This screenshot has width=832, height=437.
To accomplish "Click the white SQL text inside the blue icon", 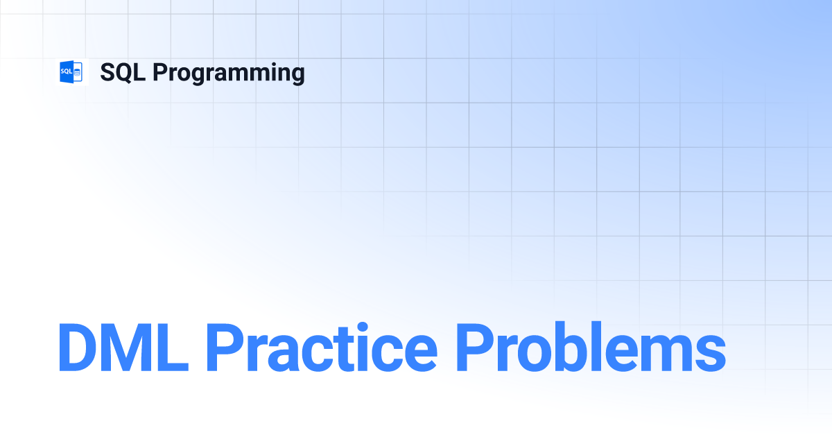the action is pos(66,71).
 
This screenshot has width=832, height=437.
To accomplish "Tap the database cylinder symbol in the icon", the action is pos(77,72).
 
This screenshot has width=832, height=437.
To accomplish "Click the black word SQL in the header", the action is pos(123,72).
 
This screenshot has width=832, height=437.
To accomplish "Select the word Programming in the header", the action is pos(229,74).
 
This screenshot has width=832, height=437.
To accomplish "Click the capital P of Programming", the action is pos(160,72).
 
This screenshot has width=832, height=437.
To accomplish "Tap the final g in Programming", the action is pos(297,76).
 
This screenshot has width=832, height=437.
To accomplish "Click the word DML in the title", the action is pos(123,347).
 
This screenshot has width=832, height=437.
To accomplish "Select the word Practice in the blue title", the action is pos(322,347).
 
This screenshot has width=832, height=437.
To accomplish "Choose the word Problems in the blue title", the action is pos(591,347).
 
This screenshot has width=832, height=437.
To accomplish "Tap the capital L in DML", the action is pos(175,347).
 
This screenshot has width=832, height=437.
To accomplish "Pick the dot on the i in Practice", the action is pos(362,327).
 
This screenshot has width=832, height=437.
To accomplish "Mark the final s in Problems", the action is pos(709,352).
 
